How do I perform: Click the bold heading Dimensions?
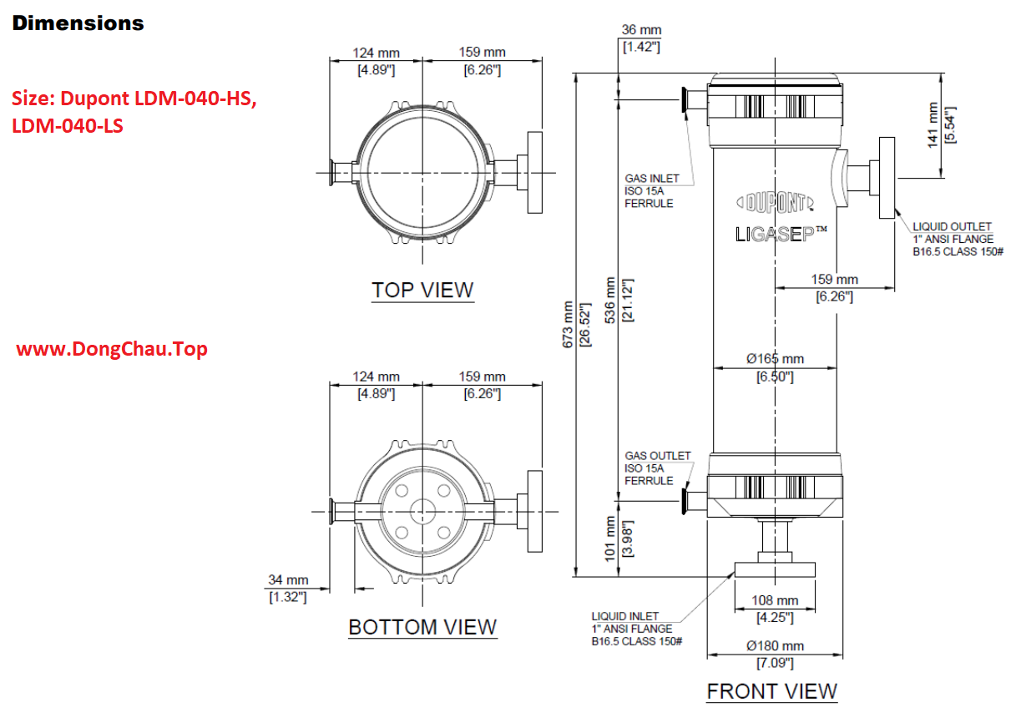click(78, 23)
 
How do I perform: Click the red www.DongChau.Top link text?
click(112, 349)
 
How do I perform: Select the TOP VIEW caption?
click(422, 291)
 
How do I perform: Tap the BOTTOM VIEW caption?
click(422, 627)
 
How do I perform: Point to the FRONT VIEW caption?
click(771, 691)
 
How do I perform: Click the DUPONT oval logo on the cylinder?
click(775, 202)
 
